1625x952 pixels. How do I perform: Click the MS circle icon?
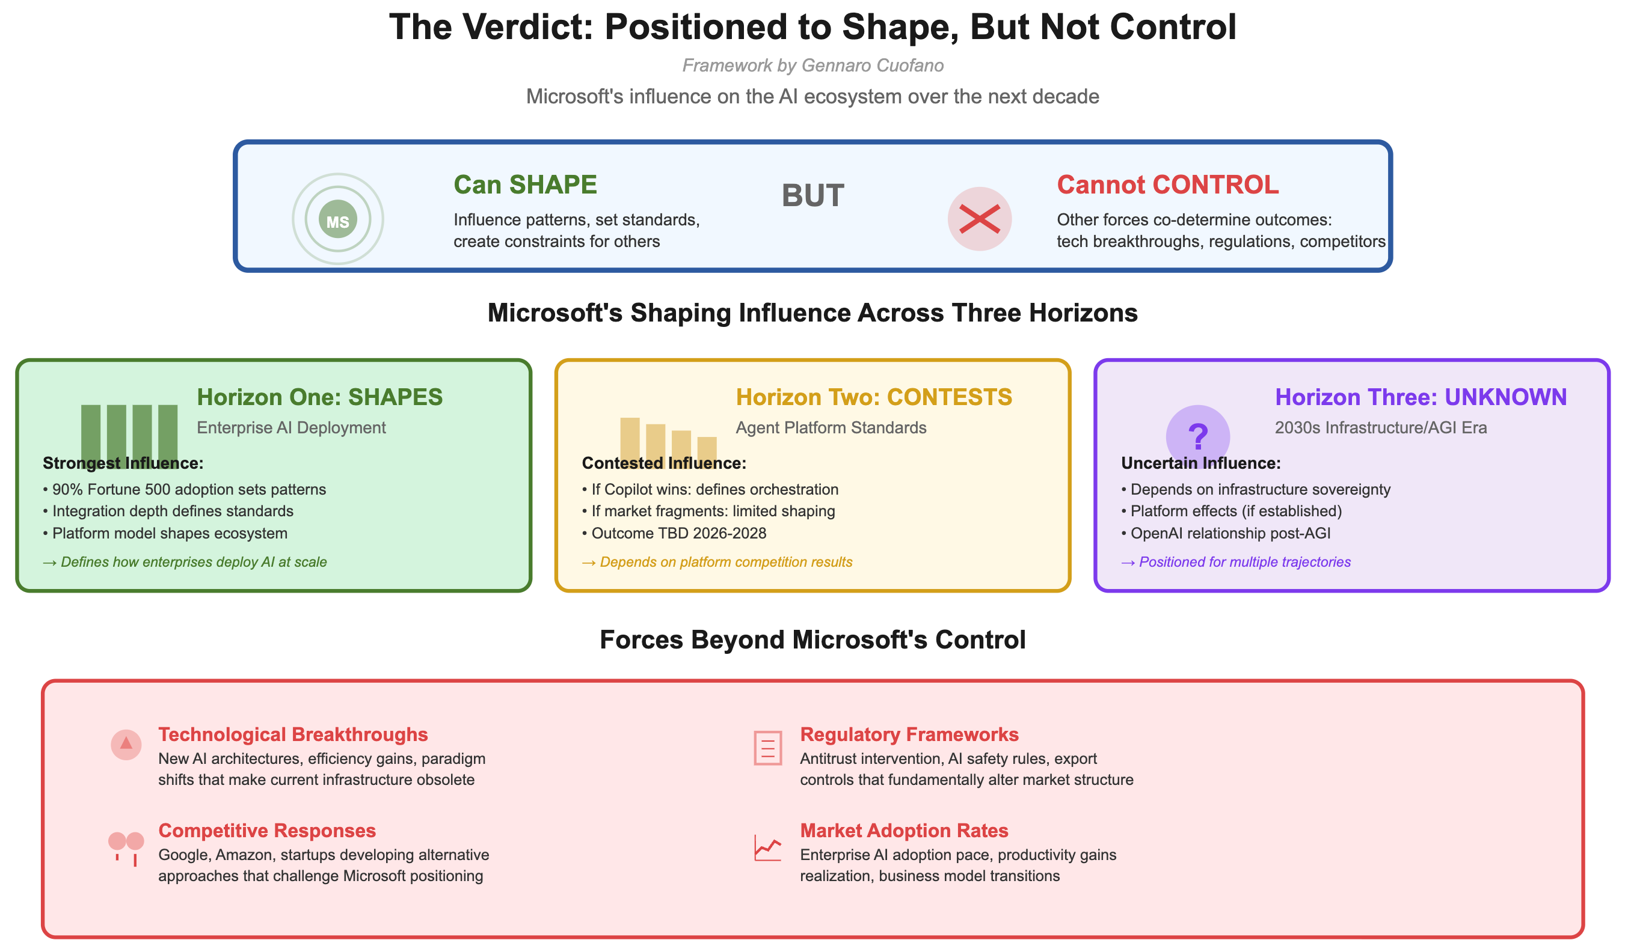tap(338, 219)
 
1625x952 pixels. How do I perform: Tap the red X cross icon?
tap(980, 219)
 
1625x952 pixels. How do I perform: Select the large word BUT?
tap(812, 196)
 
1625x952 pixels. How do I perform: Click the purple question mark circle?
tap(1197, 436)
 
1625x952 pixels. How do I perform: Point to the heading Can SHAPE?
tap(525, 185)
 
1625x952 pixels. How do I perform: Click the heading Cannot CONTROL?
tap(1167, 185)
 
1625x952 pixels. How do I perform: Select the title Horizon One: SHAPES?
tap(320, 397)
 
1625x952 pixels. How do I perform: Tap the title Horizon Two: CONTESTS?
tap(874, 397)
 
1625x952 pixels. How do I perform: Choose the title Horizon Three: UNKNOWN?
tap(1421, 397)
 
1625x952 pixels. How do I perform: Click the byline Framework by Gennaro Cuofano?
tap(812, 66)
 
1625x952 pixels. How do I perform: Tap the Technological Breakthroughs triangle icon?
tap(126, 745)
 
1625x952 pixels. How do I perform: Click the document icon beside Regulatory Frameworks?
tap(767, 748)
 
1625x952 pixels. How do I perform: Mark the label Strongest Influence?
tap(123, 463)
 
